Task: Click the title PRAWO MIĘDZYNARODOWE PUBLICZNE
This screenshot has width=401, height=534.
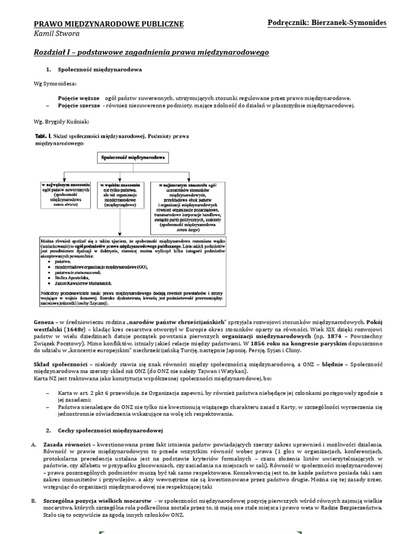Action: click(x=108, y=24)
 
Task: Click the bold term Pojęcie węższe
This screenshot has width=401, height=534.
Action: click(x=78, y=98)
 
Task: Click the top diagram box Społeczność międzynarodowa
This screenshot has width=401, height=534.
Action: click(x=131, y=157)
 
